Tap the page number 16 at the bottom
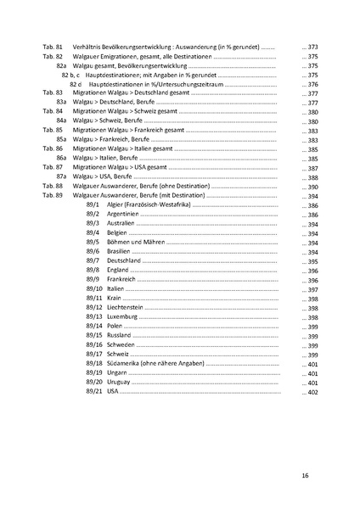click(304, 475)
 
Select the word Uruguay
click(120, 383)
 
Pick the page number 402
click(312, 392)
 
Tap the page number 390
click(312, 186)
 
